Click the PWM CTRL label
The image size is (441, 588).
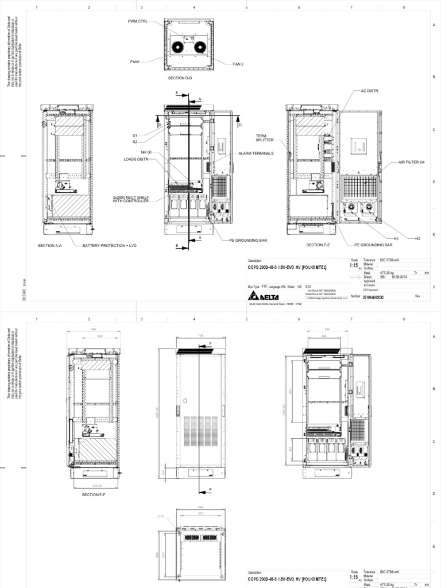[138, 21]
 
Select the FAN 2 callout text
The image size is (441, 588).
[238, 64]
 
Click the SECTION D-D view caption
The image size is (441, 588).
[180, 77]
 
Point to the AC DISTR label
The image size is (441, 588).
[370, 91]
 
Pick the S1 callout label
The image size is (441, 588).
[135, 136]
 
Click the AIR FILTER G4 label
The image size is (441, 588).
[412, 163]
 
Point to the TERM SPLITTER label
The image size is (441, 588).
[265, 138]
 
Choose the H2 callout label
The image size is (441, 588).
[417, 238]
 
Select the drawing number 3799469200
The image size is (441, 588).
[374, 297]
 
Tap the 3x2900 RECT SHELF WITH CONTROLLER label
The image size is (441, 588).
[131, 199]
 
